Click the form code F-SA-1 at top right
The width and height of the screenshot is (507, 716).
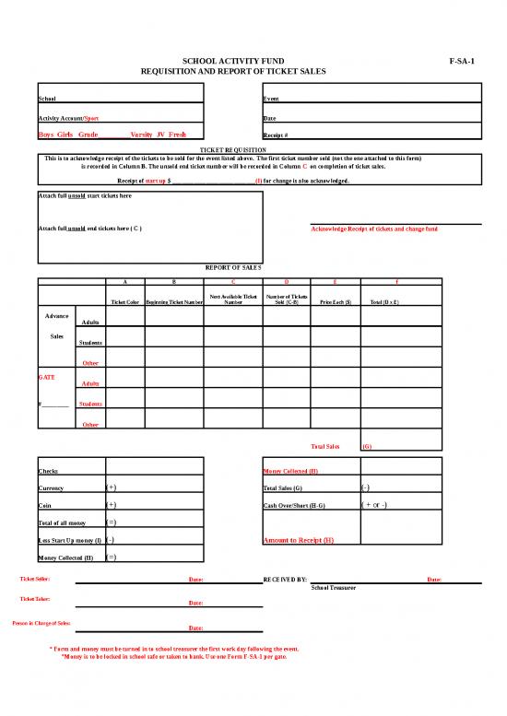coord(461,59)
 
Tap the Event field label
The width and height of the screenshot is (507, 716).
coord(272,99)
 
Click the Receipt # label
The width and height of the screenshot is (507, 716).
coord(278,135)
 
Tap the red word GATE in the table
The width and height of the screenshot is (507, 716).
coord(46,377)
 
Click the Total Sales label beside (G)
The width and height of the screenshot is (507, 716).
coord(325,446)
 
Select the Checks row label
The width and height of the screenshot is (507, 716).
coord(49,471)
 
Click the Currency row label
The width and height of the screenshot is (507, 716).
coord(52,487)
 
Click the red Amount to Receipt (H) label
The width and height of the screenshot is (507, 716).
coord(299,540)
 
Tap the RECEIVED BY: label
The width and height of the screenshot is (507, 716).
coord(285,580)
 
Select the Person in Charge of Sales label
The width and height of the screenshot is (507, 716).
coord(41,624)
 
